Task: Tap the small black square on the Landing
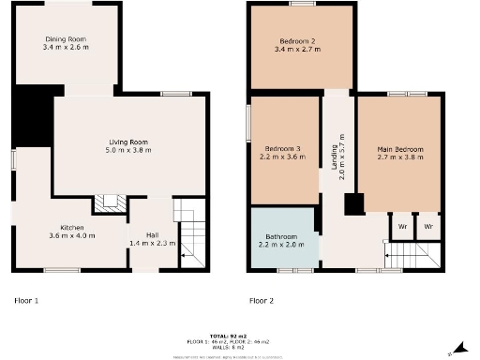pos(353,204)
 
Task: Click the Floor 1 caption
pos(26,302)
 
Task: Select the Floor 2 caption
pos(262,302)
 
